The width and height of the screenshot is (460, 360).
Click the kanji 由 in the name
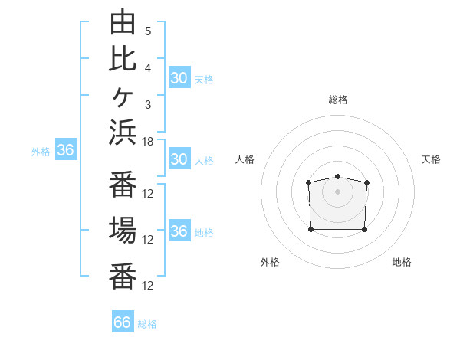pyautogui.click(x=123, y=21)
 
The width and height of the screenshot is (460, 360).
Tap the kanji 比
pyautogui.click(x=123, y=59)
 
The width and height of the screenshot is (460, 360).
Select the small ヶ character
pyautogui.click(x=123, y=97)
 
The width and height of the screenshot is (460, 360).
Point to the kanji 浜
pyautogui.click(x=123, y=133)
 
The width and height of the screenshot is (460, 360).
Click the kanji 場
pyautogui.click(x=123, y=230)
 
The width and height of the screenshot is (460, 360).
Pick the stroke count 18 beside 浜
pyautogui.click(x=147, y=142)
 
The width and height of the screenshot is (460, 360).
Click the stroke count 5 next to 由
pyautogui.click(x=148, y=31)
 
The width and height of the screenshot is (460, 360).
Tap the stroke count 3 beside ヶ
pyautogui.click(x=148, y=105)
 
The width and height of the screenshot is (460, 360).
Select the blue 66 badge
pyautogui.click(x=123, y=321)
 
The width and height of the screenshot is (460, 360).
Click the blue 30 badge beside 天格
pyautogui.click(x=179, y=77)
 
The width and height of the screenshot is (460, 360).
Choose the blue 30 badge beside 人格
pyautogui.click(x=179, y=159)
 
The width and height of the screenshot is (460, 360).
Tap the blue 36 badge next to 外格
pyautogui.click(x=66, y=149)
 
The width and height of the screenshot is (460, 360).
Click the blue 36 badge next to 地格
pyautogui.click(x=179, y=230)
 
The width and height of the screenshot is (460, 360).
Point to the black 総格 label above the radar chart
pyautogui.click(x=338, y=100)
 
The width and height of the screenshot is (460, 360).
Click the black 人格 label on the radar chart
pyautogui.click(x=245, y=159)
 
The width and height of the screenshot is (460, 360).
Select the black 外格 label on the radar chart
pyautogui.click(x=270, y=262)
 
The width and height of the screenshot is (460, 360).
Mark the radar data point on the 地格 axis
pyautogui.click(x=364, y=229)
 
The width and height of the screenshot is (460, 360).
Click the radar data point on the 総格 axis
pyautogui.click(x=337, y=176)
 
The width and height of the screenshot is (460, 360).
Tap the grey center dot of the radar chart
pyautogui.click(x=337, y=191)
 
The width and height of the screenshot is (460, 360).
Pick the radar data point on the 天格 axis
pyautogui.click(x=366, y=182)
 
